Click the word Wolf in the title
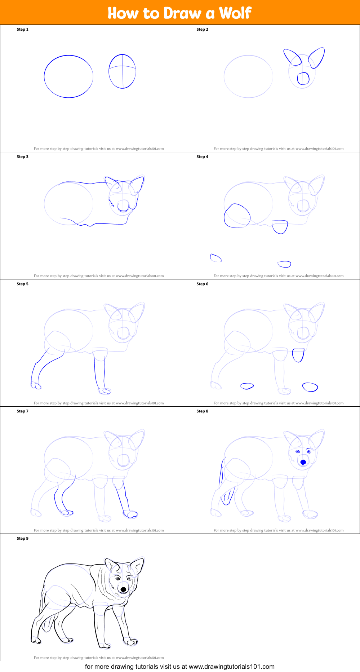[x=235, y=13]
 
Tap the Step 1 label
[x=22, y=30]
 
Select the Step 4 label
[x=202, y=157]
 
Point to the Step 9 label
[x=22, y=539]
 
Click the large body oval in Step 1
[x=68, y=56]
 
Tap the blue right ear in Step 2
[x=317, y=58]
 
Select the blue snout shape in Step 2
[x=303, y=79]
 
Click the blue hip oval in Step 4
[x=237, y=216]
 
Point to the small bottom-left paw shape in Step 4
[x=215, y=258]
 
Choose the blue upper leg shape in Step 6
[x=298, y=355]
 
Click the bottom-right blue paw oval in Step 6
[x=310, y=387]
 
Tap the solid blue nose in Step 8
[x=303, y=462]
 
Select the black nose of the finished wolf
[x=124, y=589]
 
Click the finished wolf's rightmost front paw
[x=130, y=642]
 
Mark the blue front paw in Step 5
[x=105, y=391]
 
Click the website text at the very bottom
[x=180, y=667]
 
